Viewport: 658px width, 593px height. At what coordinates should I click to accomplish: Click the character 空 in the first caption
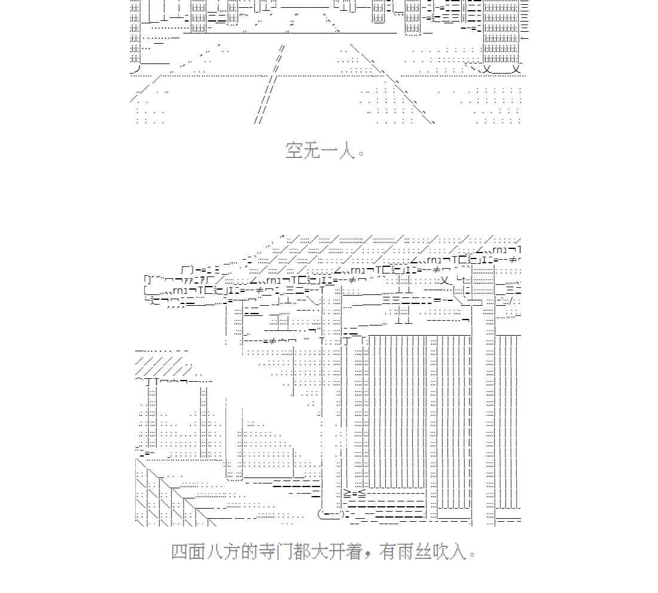tap(295, 150)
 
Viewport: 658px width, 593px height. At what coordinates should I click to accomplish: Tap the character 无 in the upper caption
tap(313, 150)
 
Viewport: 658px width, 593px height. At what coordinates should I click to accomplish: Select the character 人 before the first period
tap(348, 150)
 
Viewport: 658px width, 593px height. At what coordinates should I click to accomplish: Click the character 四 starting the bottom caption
tap(180, 551)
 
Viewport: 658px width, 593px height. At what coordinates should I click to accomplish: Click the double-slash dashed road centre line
tap(269, 84)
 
